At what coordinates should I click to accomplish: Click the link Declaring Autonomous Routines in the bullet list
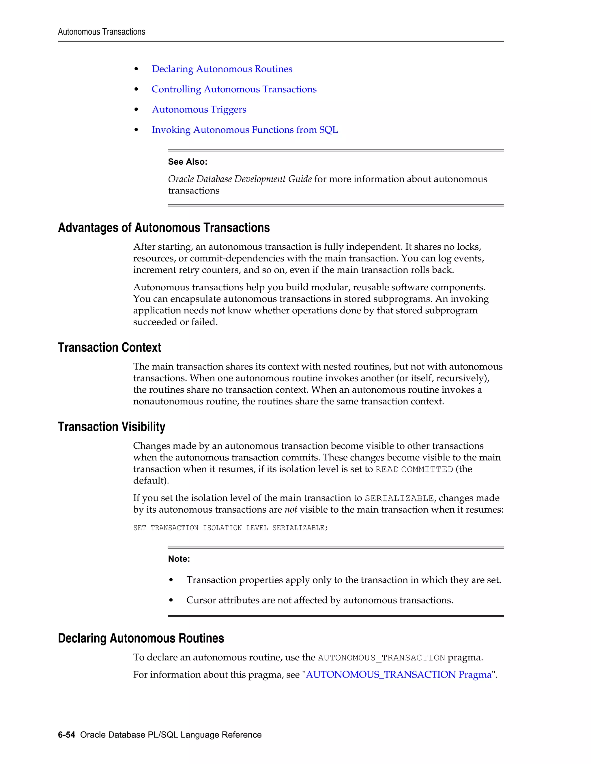[222, 69]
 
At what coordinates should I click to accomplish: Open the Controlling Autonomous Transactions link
[234, 89]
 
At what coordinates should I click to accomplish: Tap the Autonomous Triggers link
[199, 110]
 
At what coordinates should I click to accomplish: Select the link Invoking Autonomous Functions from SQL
[245, 130]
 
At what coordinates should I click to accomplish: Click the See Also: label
[188, 162]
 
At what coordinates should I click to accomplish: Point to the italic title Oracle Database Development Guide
[240, 179]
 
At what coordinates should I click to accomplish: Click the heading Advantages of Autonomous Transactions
[164, 228]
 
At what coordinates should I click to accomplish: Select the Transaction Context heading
[110, 347]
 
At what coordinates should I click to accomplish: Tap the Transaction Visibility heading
[112, 427]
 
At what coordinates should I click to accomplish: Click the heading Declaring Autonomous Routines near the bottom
[141, 638]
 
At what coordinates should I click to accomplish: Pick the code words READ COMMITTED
[414, 469]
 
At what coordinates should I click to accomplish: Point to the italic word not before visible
[291, 510]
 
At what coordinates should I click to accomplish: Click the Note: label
[179, 559]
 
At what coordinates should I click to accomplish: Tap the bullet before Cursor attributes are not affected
[171, 600]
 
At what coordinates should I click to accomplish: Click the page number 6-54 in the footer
[67, 735]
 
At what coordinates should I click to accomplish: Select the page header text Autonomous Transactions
[102, 32]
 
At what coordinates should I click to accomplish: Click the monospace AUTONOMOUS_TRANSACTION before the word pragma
[381, 658]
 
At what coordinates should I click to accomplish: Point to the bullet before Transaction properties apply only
[171, 580]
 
